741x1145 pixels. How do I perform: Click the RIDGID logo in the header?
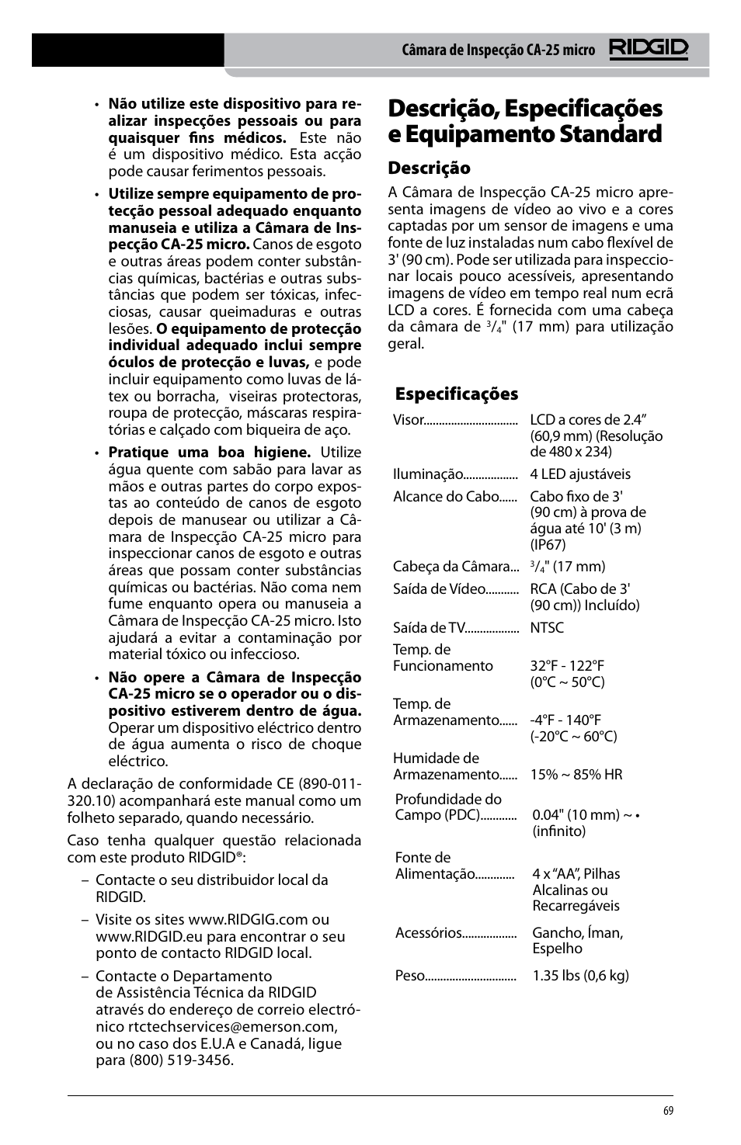649,50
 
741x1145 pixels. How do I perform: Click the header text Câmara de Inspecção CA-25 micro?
498,50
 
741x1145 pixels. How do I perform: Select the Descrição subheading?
429,168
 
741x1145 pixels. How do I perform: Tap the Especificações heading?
456,394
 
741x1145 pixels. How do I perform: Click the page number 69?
668,1111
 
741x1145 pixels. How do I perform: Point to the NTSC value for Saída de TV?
547,627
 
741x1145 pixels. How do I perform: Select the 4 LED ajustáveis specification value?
580,474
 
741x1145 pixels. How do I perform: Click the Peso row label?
410,975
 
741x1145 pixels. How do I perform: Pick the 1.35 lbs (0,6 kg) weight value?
580,975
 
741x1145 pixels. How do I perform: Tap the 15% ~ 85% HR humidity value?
576,774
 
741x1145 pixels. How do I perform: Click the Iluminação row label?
427,474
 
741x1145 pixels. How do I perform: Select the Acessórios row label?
429,932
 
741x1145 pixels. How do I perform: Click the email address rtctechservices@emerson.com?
231,1026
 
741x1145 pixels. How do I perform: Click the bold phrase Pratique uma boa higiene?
209,452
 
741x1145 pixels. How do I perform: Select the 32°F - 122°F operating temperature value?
567,665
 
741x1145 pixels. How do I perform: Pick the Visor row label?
409,419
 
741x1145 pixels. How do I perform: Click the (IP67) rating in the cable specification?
548,544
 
